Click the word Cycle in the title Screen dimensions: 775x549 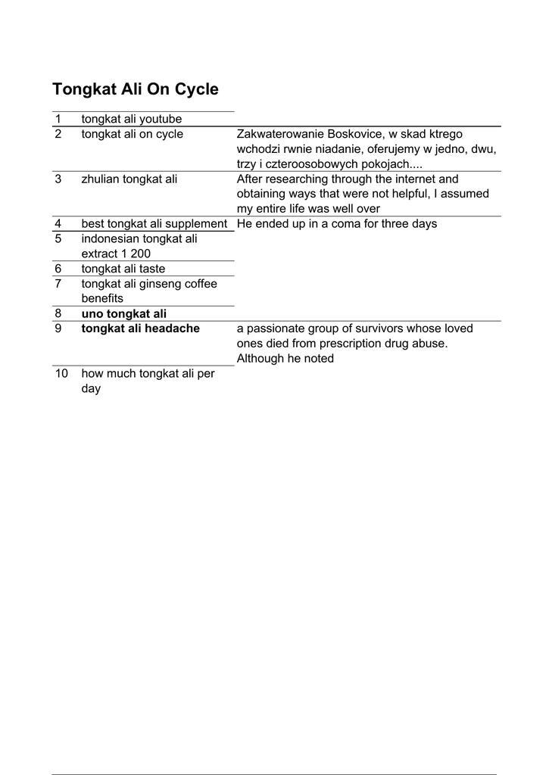[197, 90]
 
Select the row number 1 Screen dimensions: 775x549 [58, 120]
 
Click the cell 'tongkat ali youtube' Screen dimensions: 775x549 [132, 120]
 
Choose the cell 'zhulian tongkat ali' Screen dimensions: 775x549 [129, 179]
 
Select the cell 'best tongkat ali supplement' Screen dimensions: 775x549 [154, 224]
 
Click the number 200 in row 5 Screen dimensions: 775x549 [141, 254]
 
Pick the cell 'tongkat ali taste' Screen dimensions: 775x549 [123, 269]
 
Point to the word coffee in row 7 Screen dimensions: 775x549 [199, 284]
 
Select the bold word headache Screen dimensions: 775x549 [172, 328]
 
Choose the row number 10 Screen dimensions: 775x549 [61, 374]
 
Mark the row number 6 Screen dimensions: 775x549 [58, 269]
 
